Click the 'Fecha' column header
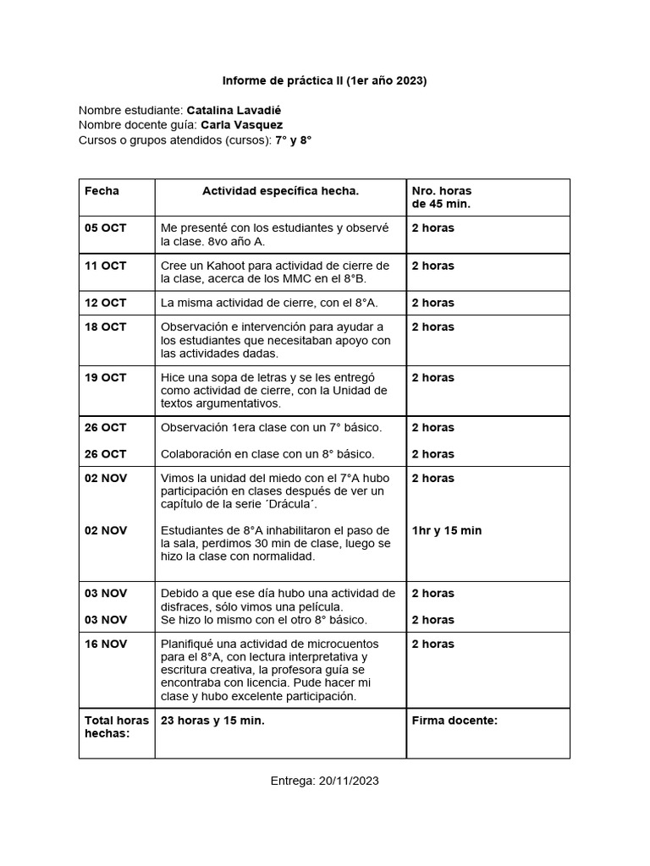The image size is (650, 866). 102,191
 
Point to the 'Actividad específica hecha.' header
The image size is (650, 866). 280,191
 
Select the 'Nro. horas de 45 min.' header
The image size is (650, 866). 441,198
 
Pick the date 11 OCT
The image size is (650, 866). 105,266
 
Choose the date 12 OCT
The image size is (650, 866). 105,303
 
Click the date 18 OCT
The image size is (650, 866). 105,326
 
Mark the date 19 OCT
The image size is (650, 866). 105,377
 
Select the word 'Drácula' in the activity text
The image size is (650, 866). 311,505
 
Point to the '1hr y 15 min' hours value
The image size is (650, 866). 446,530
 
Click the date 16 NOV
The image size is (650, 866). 105,644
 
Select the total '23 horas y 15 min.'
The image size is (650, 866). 212,721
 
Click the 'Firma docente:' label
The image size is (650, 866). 454,721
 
